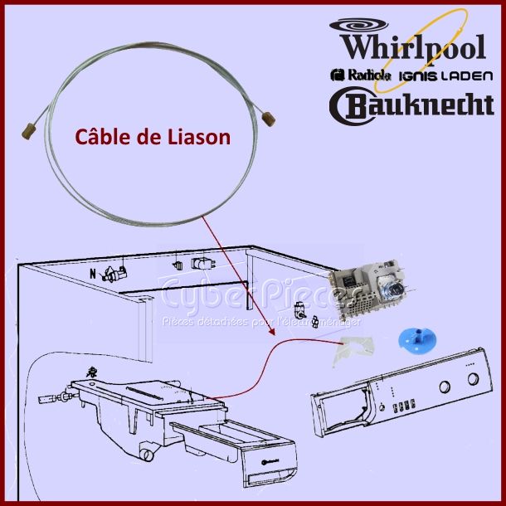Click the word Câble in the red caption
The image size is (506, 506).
102,138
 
